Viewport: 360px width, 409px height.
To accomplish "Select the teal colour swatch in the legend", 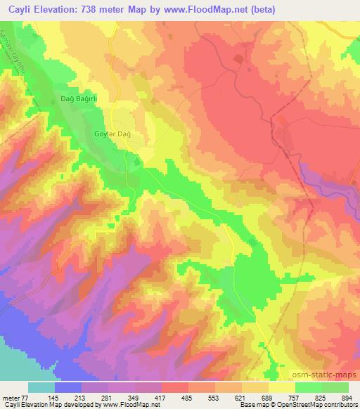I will pos(41,387).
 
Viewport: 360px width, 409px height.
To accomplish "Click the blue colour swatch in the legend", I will pos(68,387).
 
